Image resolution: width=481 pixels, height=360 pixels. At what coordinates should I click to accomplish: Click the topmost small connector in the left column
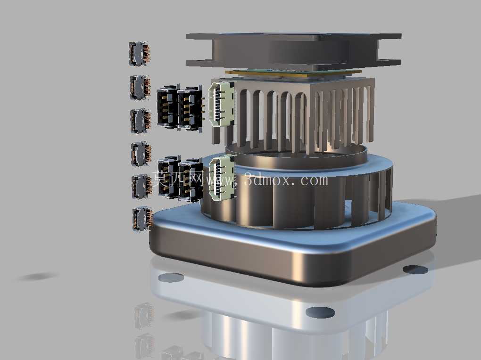tap(139, 54)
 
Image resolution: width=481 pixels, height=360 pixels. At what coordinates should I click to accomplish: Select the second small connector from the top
tap(140, 87)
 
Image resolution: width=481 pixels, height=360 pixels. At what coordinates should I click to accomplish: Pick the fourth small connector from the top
tap(141, 154)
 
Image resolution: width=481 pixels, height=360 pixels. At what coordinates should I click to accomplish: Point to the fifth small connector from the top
tap(142, 187)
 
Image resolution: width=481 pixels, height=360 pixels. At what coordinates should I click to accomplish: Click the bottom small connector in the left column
tap(142, 219)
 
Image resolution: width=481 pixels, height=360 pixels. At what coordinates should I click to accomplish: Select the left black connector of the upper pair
tap(167, 106)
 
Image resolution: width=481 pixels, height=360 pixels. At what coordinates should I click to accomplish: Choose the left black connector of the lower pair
tap(169, 177)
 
